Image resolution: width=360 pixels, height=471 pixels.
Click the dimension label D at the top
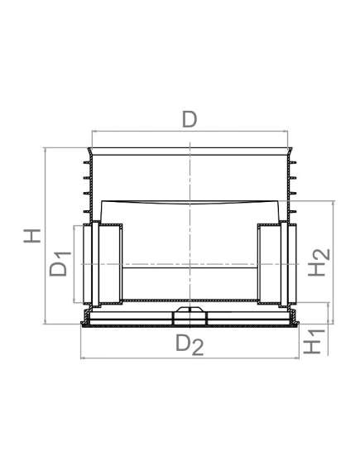190,119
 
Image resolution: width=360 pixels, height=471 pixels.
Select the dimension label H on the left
32,235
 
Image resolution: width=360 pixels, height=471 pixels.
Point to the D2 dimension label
190,344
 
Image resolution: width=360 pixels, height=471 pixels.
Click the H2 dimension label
319,262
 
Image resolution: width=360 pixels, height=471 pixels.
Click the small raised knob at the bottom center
190,310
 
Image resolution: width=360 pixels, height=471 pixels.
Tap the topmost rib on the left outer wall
87,162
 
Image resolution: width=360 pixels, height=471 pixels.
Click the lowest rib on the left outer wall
87,211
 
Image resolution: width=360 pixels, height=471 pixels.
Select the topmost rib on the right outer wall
292,162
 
